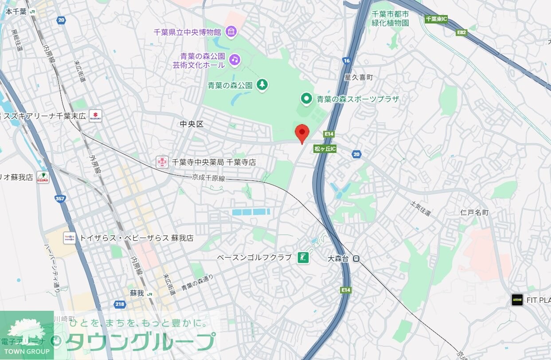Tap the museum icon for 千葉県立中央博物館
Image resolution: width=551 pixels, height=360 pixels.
[x=231, y=31]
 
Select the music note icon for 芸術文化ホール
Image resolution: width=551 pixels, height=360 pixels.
[x=234, y=59]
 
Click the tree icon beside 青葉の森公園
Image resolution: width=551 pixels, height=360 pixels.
[x=262, y=85]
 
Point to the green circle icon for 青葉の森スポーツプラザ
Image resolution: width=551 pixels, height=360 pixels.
[x=306, y=99]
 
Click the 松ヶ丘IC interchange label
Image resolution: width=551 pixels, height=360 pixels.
[x=325, y=149]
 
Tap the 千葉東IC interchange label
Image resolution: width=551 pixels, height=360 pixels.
[x=436, y=19]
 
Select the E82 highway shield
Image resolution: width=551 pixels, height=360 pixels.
[x=462, y=32]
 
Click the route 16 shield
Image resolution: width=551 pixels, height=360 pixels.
[x=347, y=60]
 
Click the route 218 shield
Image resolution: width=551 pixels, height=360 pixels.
[x=119, y=304]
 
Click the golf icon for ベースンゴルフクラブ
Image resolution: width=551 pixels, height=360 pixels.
[x=303, y=258]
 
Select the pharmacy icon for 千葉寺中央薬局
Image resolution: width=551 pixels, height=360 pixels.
[x=162, y=162]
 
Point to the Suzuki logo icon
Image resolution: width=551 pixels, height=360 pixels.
[x=95, y=116]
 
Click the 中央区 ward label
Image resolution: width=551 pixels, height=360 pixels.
[x=192, y=125]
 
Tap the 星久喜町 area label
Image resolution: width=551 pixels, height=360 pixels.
[x=359, y=77]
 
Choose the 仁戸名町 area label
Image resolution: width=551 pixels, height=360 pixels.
[x=474, y=213]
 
